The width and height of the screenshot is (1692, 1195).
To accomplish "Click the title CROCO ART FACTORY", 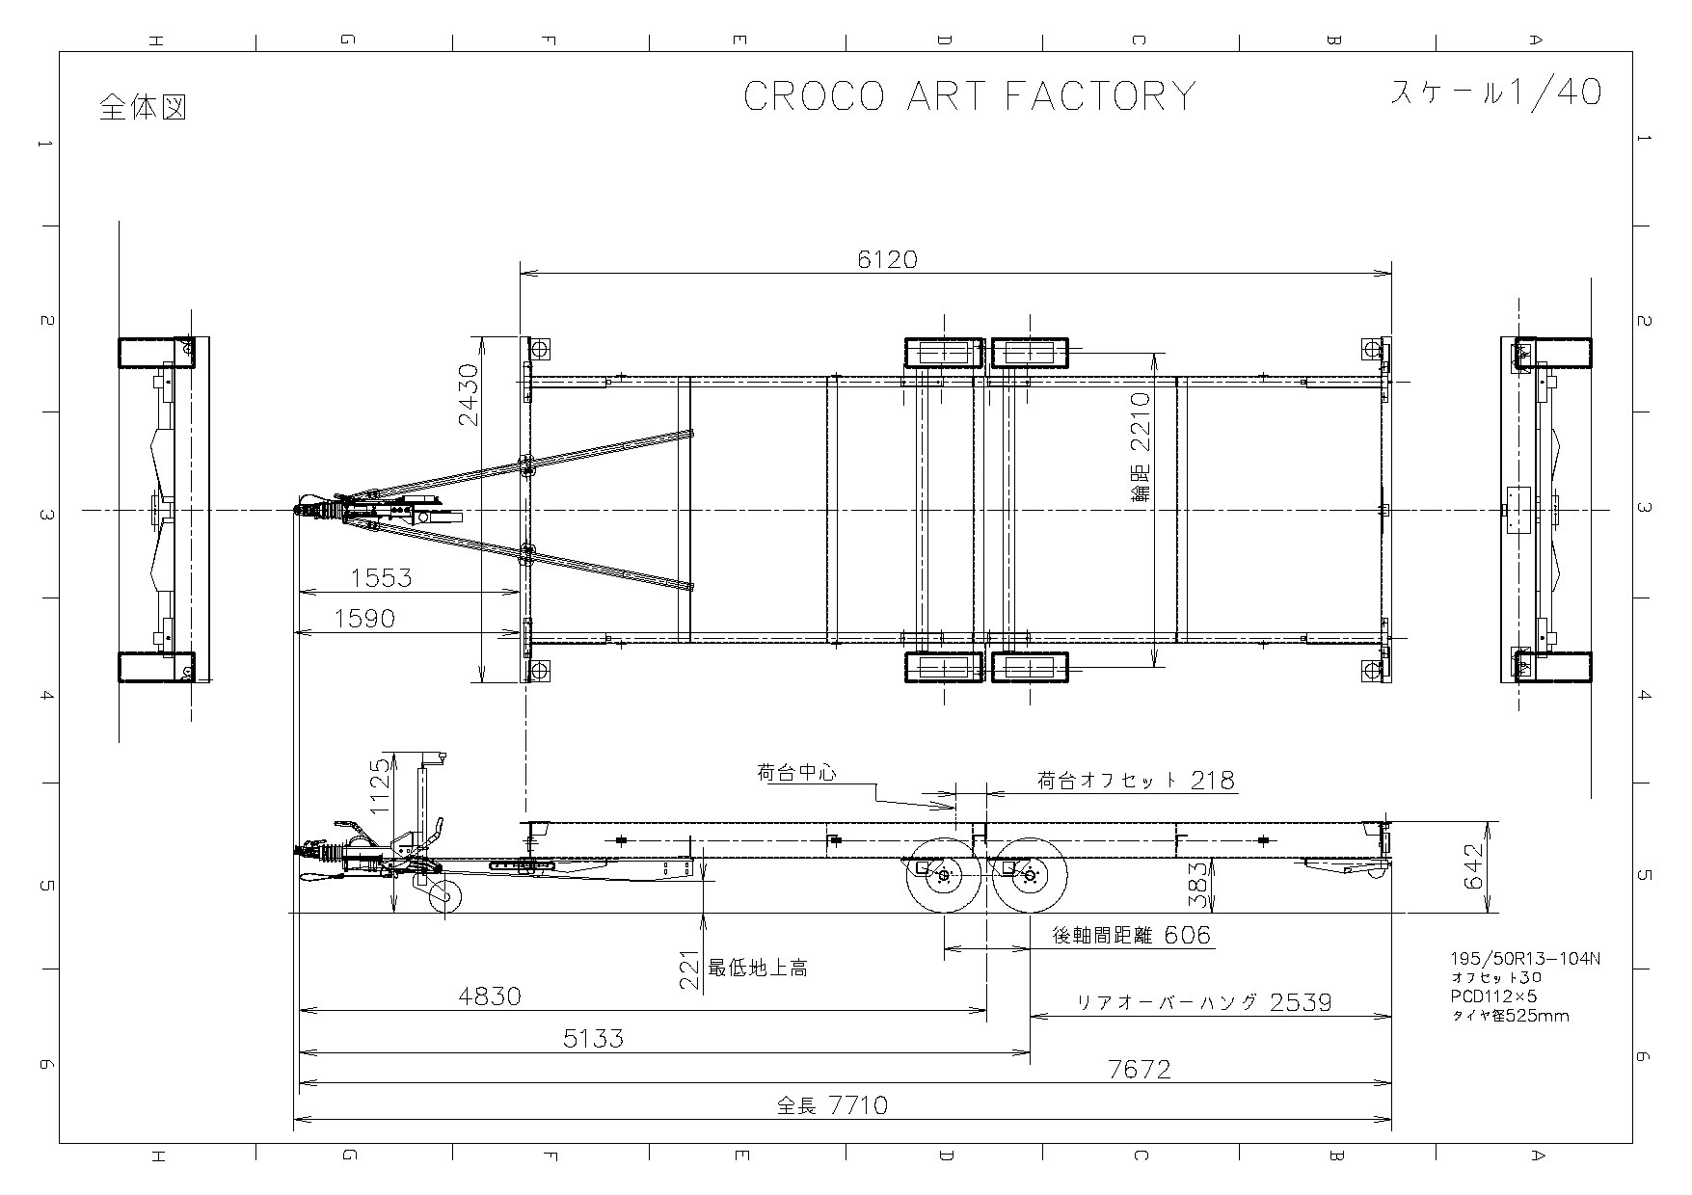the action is click(969, 96).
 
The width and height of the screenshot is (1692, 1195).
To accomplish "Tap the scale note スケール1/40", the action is click(1495, 92).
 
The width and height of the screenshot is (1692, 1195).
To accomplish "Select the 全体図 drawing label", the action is click(143, 107).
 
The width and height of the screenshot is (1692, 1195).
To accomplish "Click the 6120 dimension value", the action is click(887, 258).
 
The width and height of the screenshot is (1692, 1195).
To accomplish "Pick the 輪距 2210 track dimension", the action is click(1141, 447).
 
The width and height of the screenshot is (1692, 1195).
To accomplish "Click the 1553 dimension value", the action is click(381, 577).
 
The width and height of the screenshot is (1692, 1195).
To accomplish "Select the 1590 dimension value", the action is click(364, 618).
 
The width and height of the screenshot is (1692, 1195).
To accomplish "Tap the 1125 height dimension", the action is click(380, 787).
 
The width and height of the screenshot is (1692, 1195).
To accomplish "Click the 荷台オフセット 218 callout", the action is click(1136, 780).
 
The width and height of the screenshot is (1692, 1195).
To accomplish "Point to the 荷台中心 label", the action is click(796, 772).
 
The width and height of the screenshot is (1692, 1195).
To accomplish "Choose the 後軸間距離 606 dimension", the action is click(1131, 935).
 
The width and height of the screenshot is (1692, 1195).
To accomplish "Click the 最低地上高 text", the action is click(758, 968).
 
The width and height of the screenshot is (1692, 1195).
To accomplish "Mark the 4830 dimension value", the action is click(490, 996).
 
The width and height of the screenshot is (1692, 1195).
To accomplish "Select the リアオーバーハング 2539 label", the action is click(1204, 1002).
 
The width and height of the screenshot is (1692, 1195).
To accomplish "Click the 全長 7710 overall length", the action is click(832, 1104).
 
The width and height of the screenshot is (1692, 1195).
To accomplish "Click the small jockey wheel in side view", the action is click(444, 897).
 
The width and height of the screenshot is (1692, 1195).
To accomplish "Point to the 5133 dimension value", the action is click(592, 1038).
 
